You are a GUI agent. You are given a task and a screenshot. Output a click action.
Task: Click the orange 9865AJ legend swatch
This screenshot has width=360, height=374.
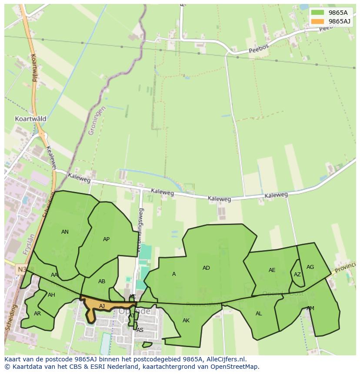coord(317,21)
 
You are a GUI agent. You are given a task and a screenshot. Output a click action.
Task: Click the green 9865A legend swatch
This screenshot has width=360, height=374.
coord(317,13)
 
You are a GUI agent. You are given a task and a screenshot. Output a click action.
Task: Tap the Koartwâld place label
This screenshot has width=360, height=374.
coord(30,119)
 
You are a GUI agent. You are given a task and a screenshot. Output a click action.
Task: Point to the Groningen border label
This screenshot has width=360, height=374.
coord(97,120)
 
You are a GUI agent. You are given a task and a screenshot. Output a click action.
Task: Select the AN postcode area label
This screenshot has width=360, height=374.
coord(65,232)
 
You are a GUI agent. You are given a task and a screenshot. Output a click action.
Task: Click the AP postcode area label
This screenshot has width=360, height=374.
coord(106,239)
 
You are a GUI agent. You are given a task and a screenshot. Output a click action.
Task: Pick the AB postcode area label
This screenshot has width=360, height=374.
coord(102,281)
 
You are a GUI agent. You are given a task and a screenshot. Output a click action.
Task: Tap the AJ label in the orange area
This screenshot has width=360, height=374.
coord(102,306)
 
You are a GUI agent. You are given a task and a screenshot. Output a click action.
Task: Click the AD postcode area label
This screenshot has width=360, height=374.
coord(206,268)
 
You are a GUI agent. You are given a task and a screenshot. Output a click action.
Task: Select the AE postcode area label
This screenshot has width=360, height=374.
coord(272,270)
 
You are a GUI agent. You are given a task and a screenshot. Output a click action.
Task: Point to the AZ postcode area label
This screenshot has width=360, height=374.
coord(297,275)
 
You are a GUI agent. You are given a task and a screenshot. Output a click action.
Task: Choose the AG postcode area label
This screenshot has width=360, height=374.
coord(310,267)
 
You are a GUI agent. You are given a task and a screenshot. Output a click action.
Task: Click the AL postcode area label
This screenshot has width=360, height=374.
coord(259,314)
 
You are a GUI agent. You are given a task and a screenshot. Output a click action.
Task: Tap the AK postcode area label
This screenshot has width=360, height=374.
coord(186,321)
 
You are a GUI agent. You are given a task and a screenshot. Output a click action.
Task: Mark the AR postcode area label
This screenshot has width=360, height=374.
coord(37,314)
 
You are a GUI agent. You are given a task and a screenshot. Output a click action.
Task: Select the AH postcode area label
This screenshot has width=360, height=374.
coord(51,295)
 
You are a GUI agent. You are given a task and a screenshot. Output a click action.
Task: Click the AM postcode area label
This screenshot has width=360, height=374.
coord(310,308)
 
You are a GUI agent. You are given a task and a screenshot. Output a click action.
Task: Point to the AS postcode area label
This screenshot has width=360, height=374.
coord(140,330)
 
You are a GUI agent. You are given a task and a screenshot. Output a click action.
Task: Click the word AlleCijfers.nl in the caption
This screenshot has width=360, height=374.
coord(225,359)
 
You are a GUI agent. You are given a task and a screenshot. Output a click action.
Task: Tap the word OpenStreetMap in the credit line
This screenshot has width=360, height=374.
coord(234,367)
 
